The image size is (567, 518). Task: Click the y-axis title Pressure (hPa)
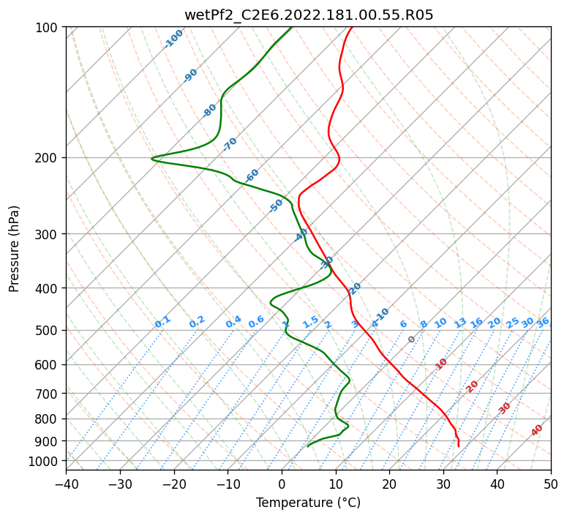click(15, 248)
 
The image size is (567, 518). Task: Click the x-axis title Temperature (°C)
click(308, 503)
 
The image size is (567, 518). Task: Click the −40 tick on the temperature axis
click(66, 484)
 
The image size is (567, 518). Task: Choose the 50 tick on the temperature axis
click(551, 484)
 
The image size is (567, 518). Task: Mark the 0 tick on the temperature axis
click(282, 484)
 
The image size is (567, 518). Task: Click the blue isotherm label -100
click(173, 39)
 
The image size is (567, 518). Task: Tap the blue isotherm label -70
click(230, 143)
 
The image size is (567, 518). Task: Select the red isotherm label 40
click(537, 430)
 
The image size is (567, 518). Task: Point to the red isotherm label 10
click(441, 364)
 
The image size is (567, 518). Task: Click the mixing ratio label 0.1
click(162, 321)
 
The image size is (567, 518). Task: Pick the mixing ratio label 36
click(543, 322)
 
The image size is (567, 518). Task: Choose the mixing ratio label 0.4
click(233, 322)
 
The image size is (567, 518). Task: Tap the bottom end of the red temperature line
click(458, 446)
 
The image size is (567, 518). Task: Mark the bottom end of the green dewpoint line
click(308, 446)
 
